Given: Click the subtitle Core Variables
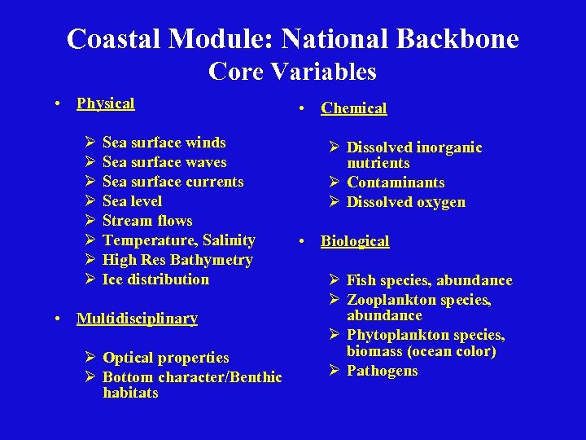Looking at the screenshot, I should tap(292, 72).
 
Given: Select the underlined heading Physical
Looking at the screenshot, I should tap(105, 103).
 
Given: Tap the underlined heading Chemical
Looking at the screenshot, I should tap(353, 108).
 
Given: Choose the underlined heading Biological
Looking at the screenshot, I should tap(355, 241).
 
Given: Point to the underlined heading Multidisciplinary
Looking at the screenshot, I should tap(137, 319).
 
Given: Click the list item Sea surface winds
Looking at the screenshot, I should tap(164, 143).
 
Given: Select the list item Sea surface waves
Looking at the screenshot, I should tap(164, 162).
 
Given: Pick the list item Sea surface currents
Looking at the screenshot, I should tap(173, 182).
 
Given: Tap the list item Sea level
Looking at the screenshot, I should tap(132, 201).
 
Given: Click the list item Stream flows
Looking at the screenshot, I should tap(147, 221).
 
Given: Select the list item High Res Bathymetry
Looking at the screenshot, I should tap(177, 260).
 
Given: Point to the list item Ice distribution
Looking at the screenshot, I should tap(155, 279).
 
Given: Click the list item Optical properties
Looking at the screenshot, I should tap(165, 358).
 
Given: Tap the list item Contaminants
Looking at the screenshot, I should tap(396, 183).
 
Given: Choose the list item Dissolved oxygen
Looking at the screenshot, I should tap(405, 202).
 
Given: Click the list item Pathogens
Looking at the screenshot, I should tap(382, 371).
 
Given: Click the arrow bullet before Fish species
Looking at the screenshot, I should tap(335, 280).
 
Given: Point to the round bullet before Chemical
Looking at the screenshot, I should tap(301, 108).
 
